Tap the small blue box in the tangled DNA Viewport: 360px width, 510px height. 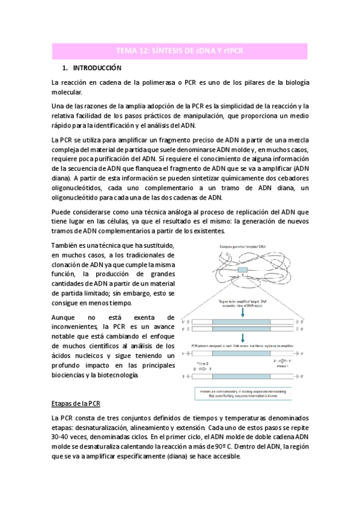[x=242, y=271]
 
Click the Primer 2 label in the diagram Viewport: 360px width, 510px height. [x=204, y=364]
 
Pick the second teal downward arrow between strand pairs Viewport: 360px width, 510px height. [x=242, y=336]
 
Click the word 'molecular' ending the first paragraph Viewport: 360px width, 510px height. [x=69, y=92]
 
